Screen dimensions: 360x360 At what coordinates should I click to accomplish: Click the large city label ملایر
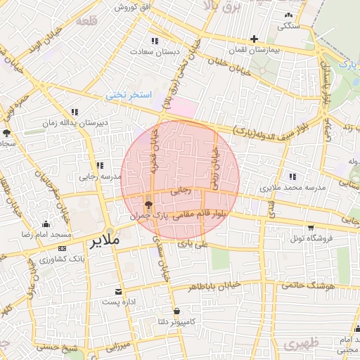[105, 240]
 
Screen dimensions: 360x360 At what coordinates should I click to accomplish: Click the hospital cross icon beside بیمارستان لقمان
[255, 39]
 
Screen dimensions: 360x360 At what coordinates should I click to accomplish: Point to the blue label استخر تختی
[129, 94]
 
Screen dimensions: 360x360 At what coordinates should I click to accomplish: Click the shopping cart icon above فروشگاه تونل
[310, 228]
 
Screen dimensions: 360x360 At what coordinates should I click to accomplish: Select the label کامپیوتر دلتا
[174, 323]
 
